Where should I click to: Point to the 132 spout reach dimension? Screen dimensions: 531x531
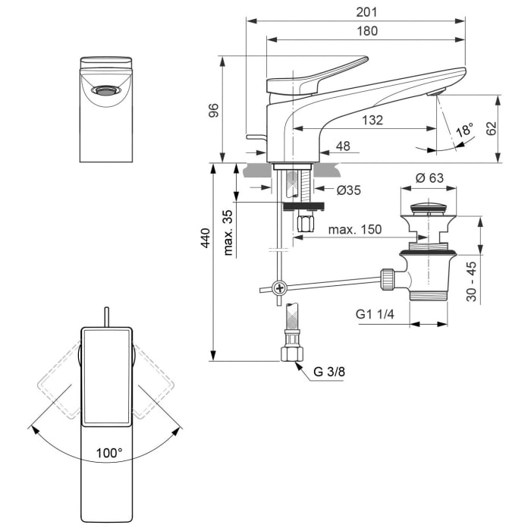[x=372, y=120]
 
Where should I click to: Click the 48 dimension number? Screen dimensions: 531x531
[x=343, y=146]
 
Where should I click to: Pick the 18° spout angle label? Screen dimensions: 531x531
[x=464, y=130]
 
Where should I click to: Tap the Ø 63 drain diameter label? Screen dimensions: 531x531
[x=429, y=178]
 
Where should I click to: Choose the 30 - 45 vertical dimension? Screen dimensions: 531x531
[x=471, y=281]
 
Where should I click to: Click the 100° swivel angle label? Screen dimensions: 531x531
[x=109, y=453]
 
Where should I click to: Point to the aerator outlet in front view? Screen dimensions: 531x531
[x=106, y=90]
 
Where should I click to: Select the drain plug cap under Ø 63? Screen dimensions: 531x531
[x=429, y=206]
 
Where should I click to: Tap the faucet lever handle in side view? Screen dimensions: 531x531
[x=326, y=74]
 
